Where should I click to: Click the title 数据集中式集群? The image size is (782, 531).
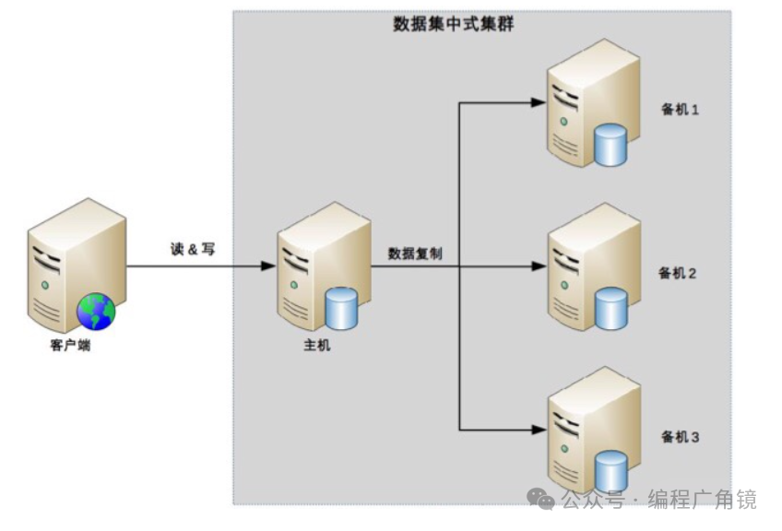pyautogui.click(x=454, y=25)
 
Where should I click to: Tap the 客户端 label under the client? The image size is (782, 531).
pyautogui.click(x=71, y=347)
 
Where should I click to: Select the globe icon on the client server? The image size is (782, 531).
pyautogui.click(x=96, y=311)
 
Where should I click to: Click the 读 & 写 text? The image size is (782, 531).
pyautogui.click(x=193, y=249)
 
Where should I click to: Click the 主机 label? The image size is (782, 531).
pyautogui.click(x=316, y=346)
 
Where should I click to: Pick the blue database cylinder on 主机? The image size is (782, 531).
pyautogui.click(x=341, y=310)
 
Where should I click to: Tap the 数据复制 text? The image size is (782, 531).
pyautogui.click(x=416, y=253)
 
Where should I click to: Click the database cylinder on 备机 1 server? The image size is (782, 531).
pyautogui.click(x=610, y=146)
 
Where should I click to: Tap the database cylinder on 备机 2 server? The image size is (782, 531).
pyautogui.click(x=610, y=309)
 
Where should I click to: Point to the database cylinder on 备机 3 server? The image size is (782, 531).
pyautogui.click(x=610, y=470)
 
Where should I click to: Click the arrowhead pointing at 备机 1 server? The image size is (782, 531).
pyautogui.click(x=539, y=103)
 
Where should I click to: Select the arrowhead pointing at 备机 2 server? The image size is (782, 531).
pyautogui.click(x=539, y=267)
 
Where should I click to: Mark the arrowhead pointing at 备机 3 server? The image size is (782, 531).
pyautogui.click(x=539, y=429)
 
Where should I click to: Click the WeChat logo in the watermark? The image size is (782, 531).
pyautogui.click(x=541, y=499)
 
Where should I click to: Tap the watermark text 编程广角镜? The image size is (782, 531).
pyautogui.click(x=702, y=500)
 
